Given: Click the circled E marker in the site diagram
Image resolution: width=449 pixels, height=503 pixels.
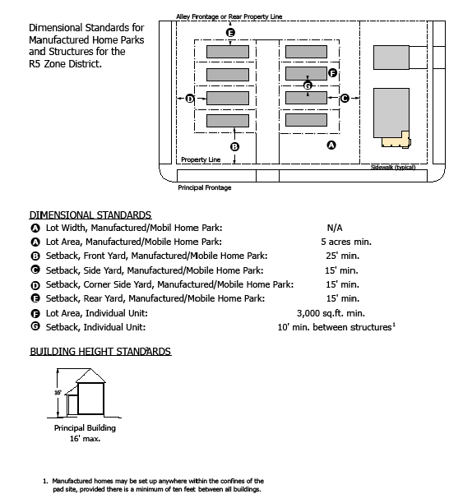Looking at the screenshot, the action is point(230,32).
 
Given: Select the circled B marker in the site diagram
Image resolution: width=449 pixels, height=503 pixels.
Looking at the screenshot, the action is point(234,146).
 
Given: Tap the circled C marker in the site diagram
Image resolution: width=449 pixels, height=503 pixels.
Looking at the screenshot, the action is point(345,98).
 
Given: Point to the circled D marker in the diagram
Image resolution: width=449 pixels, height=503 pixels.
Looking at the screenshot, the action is point(190,99).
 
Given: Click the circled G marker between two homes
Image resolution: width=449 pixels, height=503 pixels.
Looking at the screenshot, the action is point(308,85).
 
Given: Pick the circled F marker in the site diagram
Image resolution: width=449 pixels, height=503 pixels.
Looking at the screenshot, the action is point(332,73).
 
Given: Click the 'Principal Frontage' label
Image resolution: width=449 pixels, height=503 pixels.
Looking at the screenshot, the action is point(205,187).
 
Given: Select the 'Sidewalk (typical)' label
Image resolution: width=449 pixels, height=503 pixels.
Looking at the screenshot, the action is point(393,167).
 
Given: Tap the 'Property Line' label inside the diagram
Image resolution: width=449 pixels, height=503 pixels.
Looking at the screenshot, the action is point(201,159).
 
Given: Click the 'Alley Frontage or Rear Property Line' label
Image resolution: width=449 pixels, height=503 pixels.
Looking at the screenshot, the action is point(229,16).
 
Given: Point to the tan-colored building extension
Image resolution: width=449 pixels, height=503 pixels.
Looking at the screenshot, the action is point(396,140).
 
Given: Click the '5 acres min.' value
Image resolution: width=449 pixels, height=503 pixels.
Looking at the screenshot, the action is point(346,242).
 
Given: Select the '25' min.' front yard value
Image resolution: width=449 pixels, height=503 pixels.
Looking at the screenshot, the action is point(342,256).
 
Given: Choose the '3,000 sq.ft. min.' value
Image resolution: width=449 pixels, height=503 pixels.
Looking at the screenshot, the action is point(331,313).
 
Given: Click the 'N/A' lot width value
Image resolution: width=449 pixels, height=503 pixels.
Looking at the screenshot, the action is point(335,228).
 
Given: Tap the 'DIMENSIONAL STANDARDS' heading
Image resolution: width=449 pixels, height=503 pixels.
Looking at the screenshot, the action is point(90,215).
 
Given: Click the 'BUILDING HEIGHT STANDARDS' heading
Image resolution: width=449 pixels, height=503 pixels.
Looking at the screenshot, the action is point(100,351).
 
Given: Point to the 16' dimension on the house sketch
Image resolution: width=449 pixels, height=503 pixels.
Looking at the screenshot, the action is point(58,393).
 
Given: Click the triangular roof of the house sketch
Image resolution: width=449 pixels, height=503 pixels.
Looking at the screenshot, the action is point(90,376).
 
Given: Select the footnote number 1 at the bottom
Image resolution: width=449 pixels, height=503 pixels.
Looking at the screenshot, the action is point(45,481).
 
